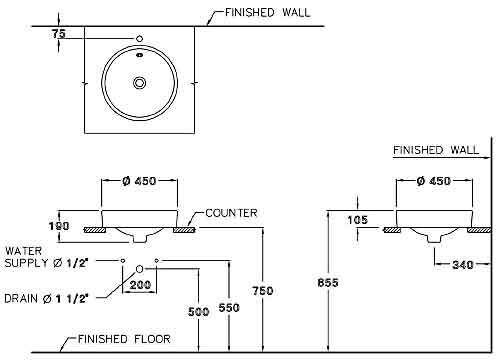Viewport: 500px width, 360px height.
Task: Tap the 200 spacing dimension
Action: pyautogui.click(x=140, y=285)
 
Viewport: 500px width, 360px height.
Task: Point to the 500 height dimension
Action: pyautogui.click(x=198, y=311)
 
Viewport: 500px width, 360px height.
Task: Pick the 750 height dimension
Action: pyautogui.click(x=262, y=290)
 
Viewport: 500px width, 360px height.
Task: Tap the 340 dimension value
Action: pyautogui.click(x=461, y=265)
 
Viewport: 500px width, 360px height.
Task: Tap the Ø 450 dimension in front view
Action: pyautogui.click(x=141, y=182)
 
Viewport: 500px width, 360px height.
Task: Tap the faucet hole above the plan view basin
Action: pyautogui.click(x=140, y=40)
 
